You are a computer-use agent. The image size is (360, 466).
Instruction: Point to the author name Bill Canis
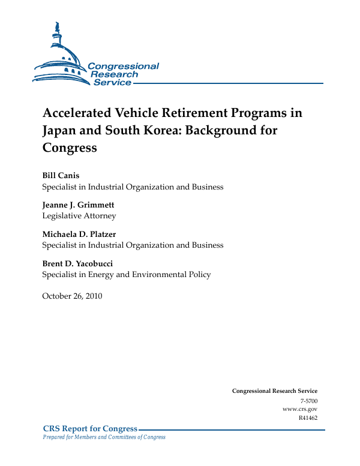click(61, 176)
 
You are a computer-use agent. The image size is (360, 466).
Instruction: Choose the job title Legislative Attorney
click(79, 216)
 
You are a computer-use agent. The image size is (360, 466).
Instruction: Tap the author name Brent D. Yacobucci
click(77, 264)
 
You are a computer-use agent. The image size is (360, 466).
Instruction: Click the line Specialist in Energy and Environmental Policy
click(126, 275)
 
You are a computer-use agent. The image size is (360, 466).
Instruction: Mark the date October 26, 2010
click(72, 296)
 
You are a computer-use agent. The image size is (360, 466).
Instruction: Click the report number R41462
click(307, 418)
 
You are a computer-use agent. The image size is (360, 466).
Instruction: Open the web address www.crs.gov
click(299, 409)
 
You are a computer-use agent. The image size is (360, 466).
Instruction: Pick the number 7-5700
click(308, 400)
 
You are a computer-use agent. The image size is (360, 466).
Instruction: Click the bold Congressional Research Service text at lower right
click(274, 391)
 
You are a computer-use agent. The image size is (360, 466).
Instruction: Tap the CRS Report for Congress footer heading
click(90, 428)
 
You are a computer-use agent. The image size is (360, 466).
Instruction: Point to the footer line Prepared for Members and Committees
click(103, 437)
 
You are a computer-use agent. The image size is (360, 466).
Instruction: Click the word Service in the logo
click(112, 82)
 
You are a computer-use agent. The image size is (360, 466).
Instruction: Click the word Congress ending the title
click(69, 148)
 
